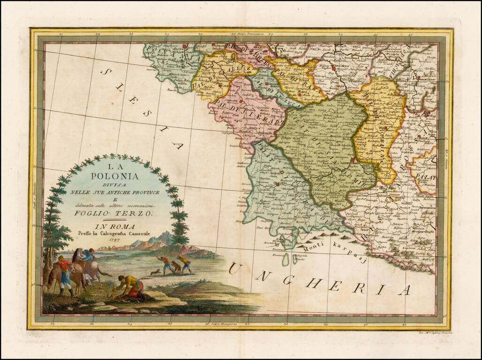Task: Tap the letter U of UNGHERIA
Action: [x=235, y=269]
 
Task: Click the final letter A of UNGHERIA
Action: [x=404, y=291]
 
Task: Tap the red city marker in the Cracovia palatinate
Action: [x=278, y=184]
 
